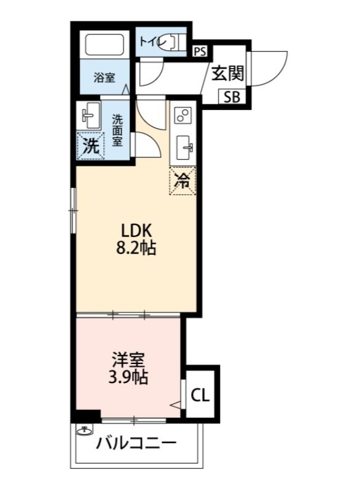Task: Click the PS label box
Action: (200, 52)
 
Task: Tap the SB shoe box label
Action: (232, 96)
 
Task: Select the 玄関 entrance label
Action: (228, 73)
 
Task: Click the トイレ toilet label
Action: (151, 42)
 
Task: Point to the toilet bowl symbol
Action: (177, 42)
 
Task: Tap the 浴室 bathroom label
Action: (104, 78)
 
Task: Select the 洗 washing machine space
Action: (90, 146)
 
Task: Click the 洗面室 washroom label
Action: (117, 130)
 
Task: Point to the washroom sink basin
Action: (90, 115)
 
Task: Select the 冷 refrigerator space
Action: (182, 181)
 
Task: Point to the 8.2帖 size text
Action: (136, 249)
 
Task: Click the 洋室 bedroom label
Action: (129, 358)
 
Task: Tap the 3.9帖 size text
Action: (129, 377)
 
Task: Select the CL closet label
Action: (200, 395)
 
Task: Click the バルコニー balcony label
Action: (136, 443)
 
